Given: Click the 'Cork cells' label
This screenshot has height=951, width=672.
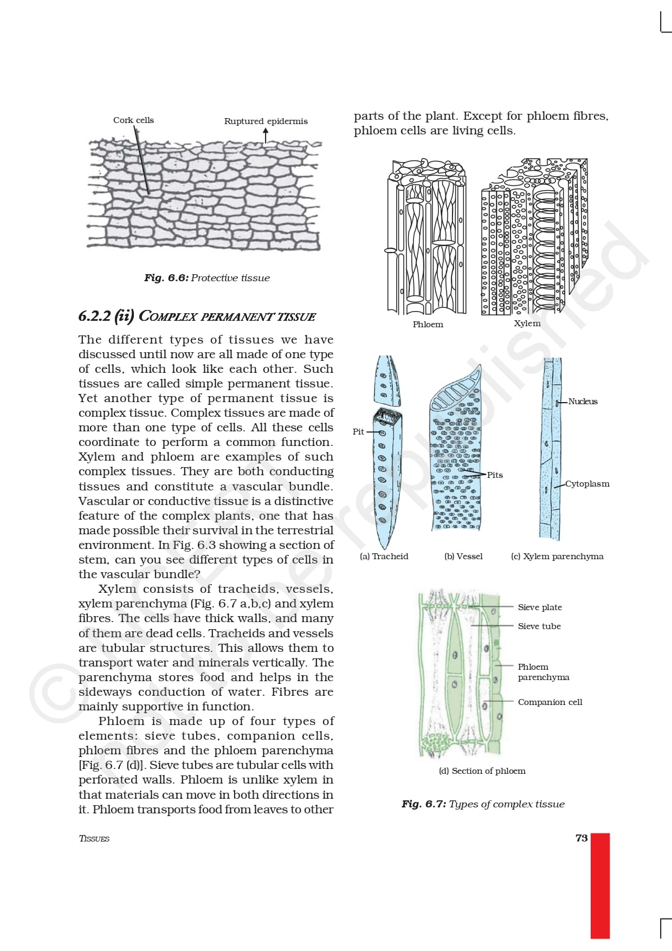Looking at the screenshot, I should coord(133,120).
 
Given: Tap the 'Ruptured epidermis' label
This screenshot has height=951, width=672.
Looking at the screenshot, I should coord(266,121).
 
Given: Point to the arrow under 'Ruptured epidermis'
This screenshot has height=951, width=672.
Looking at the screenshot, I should coord(266,135).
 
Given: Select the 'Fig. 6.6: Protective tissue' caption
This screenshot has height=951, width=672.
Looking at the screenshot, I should coord(206,278).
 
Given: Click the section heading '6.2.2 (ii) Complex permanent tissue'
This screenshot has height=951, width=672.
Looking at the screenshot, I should coord(197,316).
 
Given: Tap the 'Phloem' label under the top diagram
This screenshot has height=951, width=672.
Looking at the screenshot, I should coord(428,325).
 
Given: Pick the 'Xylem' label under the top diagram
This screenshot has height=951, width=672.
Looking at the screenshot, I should coord(527,324).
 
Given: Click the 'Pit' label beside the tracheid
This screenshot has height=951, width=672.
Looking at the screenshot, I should coord(358,432).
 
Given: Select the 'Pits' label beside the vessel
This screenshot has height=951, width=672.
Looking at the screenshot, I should coord(495,475).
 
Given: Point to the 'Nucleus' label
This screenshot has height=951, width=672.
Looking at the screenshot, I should coord(583,402).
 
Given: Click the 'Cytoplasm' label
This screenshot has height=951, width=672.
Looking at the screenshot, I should coord(587,484).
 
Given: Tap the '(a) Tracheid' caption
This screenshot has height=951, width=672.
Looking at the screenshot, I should coord(384,557).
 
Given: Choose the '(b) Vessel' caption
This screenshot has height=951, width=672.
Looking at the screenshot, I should coord(463,557).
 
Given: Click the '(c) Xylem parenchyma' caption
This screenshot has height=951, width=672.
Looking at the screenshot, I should coord(557,557).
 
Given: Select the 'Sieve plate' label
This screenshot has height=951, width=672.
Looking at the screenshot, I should coord(540,607).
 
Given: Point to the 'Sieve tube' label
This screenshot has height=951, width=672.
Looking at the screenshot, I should coord(539,626).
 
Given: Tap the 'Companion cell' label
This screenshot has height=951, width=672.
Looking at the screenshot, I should coord(550,702).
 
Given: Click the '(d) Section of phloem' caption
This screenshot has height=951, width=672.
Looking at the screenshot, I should coord(482,771).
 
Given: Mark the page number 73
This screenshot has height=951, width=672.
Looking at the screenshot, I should coord(581,838).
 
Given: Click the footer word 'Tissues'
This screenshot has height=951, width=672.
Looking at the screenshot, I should coord(94,839).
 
